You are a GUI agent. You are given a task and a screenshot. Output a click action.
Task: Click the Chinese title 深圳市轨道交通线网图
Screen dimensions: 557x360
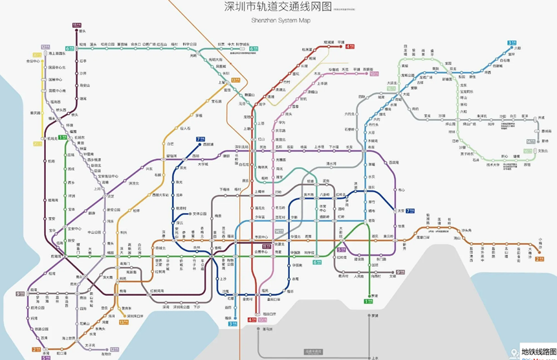(278, 7)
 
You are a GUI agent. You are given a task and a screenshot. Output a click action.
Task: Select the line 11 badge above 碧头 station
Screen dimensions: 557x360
(77, 25)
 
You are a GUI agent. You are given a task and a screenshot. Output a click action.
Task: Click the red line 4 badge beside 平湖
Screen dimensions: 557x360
(350, 47)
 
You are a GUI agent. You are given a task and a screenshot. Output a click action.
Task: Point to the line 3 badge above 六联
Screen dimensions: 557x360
(511, 43)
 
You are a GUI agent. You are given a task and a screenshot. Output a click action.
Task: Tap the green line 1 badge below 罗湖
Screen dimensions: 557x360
(368, 301)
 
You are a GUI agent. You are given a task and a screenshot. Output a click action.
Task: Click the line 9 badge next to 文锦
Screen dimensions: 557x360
(400, 273)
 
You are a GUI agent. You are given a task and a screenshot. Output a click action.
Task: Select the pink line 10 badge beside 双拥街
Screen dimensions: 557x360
(373, 74)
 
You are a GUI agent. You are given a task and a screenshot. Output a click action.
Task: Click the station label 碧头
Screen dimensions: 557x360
(82, 30)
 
